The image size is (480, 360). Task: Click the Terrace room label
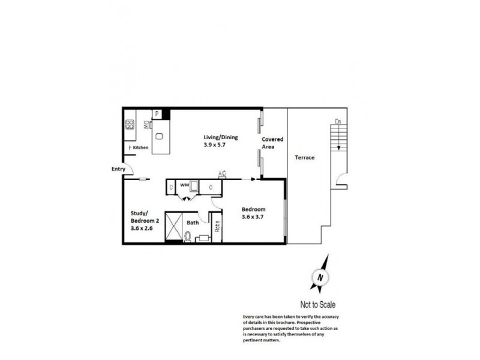point(305,158)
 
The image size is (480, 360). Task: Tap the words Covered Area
point(272,142)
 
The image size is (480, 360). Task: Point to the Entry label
point(118,169)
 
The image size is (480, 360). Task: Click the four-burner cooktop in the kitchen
point(129,125)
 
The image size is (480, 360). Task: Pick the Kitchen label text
point(140,148)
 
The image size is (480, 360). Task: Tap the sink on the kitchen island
point(160,136)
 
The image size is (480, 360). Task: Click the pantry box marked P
point(157,113)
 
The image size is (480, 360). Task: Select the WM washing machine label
point(185,186)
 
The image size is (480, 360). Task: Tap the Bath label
point(193,223)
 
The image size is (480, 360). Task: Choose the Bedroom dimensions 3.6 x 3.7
point(253,217)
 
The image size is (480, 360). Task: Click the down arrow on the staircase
point(338,147)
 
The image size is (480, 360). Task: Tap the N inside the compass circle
point(320,278)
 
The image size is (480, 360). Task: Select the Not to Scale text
point(321,304)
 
